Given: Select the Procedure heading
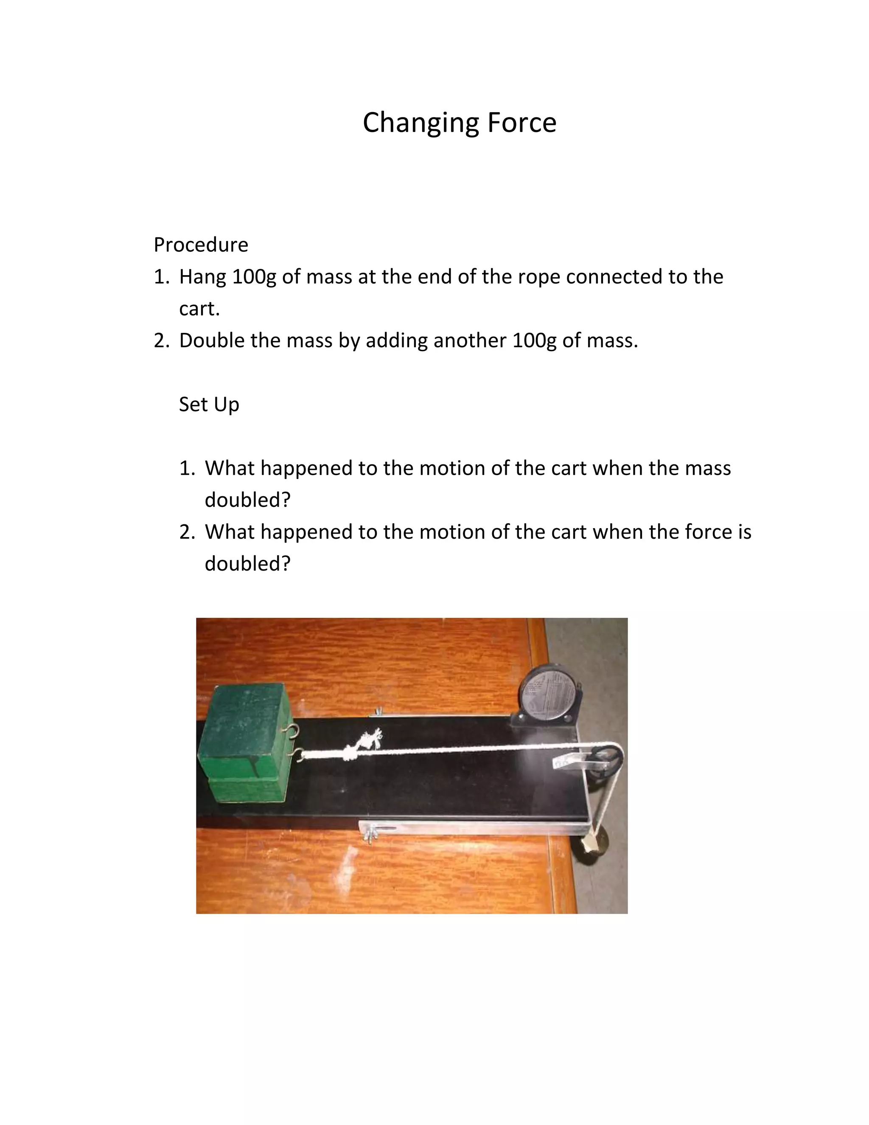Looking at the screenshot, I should [201, 245].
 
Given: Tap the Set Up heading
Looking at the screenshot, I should [209, 404].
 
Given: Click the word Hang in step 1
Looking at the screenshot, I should [202, 277].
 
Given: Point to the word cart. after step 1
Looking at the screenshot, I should [199, 309].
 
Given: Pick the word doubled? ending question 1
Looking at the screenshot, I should [248, 500].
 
